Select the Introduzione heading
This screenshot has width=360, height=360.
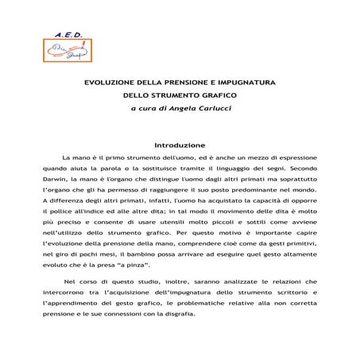tap(180, 146)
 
